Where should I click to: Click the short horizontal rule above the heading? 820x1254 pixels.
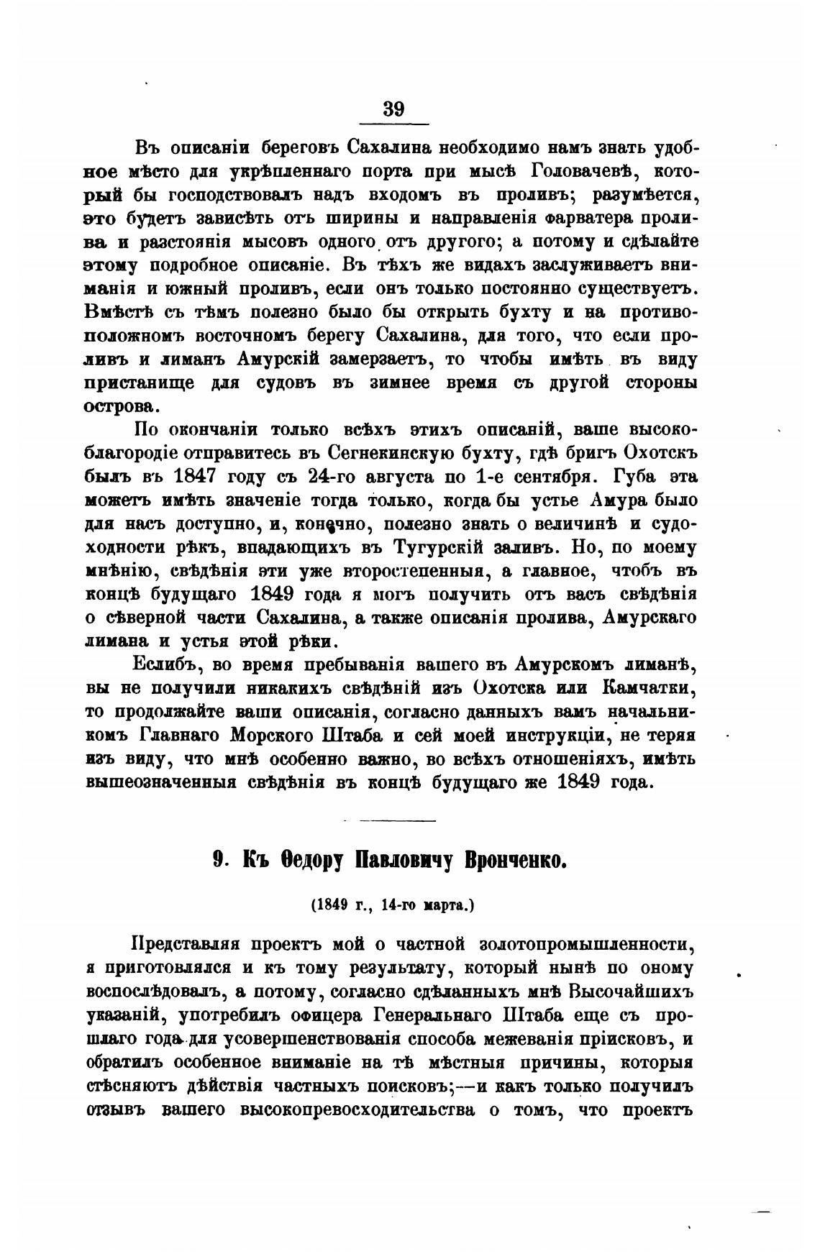397,820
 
